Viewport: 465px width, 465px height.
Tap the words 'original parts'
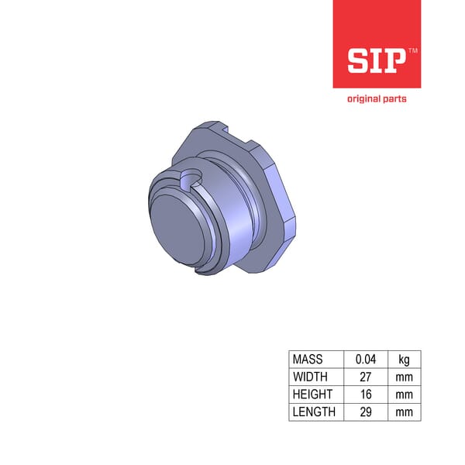tap(376, 98)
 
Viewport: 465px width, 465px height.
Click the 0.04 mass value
tap(365, 360)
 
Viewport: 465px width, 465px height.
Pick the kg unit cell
tap(404, 360)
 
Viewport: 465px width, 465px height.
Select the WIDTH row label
tap(311, 377)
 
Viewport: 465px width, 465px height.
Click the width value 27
tap(365, 377)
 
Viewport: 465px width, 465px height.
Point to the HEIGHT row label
tap(312, 394)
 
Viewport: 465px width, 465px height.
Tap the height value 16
tap(365, 394)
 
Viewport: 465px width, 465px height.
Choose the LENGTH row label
tap(314, 412)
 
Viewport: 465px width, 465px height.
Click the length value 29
tap(365, 412)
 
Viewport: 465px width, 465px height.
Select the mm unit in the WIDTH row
tap(404, 377)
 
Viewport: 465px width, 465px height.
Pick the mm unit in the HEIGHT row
tap(404, 394)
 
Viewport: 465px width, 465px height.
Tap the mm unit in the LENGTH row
tap(404, 412)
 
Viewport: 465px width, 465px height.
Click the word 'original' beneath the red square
tap(361, 98)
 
